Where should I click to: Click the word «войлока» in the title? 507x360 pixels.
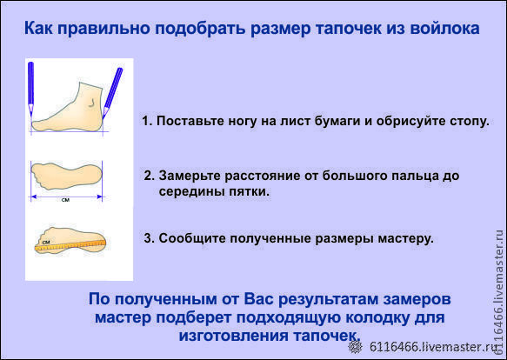445,28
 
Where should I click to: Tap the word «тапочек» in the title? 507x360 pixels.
348,29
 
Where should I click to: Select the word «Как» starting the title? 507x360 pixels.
38,28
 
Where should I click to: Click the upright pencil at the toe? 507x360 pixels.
30,89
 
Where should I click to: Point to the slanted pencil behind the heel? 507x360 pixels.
112,93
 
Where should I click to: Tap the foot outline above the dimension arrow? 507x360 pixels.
66,176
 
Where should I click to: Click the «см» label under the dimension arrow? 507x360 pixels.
65,200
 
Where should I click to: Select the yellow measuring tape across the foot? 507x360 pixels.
70,245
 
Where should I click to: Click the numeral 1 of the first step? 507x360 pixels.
146,121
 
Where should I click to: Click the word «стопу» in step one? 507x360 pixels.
468,121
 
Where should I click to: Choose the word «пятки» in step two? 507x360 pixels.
249,191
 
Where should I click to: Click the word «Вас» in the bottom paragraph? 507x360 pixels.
258,299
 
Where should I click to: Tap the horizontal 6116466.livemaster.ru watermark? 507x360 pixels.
433,347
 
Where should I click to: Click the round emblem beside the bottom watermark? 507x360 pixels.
356,347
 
